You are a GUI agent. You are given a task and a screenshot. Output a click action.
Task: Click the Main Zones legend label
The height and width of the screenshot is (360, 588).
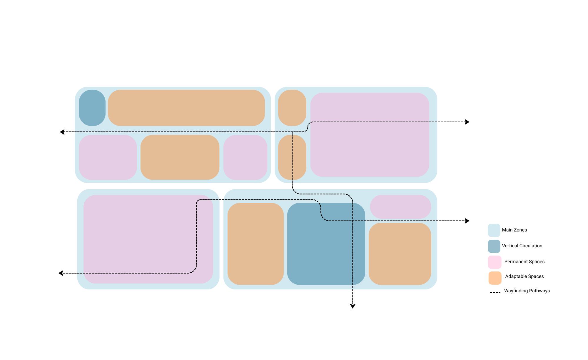[514, 230]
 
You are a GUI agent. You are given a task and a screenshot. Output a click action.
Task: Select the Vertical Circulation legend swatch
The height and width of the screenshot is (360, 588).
[494, 246]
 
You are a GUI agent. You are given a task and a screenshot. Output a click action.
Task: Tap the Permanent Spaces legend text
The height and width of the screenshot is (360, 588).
[524, 262]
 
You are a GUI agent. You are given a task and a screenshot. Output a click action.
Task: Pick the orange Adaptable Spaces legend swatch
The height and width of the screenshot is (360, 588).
[495, 278]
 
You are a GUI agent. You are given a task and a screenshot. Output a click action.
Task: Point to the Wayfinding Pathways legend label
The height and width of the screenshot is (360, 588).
[527, 291]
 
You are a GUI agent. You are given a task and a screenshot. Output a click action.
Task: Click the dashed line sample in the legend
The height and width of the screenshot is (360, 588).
[495, 293]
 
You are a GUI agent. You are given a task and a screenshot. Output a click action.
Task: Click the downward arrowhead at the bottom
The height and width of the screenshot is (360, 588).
[353, 306]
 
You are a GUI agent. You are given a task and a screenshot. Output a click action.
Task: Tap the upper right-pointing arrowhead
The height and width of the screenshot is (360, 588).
[467, 122]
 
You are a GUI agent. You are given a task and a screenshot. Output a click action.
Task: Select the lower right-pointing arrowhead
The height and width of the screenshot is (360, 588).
[467, 221]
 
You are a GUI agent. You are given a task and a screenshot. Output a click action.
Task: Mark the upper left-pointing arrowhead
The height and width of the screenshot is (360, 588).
[62, 132]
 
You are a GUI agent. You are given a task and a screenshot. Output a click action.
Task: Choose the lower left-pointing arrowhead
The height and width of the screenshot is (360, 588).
[61, 273]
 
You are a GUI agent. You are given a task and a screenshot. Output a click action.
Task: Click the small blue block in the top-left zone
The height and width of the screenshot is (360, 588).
[92, 108]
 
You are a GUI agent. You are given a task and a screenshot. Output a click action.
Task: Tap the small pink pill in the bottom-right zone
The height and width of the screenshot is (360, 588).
[400, 207]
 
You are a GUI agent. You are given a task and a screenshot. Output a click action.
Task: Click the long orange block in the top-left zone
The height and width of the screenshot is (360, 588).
[186, 108]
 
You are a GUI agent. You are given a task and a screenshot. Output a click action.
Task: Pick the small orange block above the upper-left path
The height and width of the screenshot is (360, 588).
[292, 108]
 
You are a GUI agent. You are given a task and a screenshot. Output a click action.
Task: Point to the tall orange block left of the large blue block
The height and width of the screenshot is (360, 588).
[255, 244]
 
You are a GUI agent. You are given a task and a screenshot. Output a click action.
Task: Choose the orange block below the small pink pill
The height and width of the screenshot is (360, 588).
[400, 254]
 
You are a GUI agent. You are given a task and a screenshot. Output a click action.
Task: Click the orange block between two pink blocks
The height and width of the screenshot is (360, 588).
[180, 157]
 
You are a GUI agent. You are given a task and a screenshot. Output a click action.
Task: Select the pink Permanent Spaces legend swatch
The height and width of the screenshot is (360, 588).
[495, 262]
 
